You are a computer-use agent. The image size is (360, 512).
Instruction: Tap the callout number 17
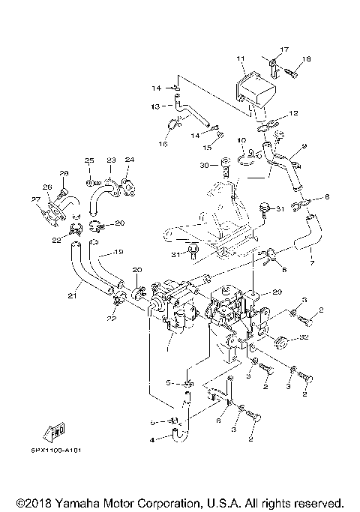[284, 49]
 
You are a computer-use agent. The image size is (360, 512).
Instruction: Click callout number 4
[153, 439]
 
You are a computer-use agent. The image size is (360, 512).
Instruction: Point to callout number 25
[88, 160]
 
